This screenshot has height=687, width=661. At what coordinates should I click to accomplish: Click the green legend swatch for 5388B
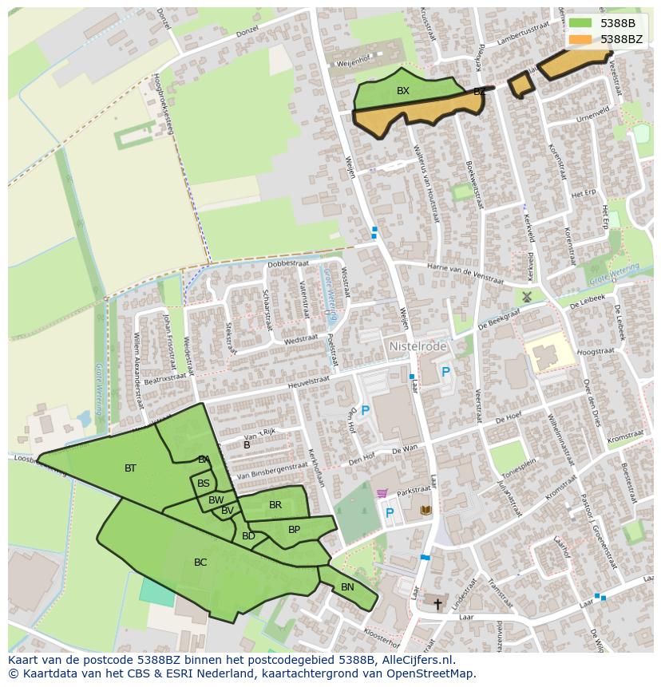580,22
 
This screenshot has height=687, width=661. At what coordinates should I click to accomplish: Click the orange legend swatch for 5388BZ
580,38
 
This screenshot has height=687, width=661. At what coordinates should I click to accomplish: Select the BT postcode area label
130,468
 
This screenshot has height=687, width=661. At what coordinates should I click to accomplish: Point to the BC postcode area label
200,563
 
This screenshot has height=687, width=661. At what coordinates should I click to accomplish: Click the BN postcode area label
347,587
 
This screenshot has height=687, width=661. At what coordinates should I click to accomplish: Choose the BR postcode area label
275,505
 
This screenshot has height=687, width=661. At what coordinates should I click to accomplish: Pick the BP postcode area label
294,529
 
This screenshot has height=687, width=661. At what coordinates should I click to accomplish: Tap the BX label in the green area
403,91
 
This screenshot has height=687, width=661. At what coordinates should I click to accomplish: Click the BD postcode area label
248,536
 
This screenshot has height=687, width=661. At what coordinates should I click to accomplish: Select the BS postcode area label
204,484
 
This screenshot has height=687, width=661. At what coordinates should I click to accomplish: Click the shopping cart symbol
382,494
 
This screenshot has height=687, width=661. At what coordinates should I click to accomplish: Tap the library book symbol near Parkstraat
425,509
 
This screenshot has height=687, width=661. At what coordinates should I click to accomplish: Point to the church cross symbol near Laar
437,604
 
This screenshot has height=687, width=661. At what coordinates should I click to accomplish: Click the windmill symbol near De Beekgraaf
527,296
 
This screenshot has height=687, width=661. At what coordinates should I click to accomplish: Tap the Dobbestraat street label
288,263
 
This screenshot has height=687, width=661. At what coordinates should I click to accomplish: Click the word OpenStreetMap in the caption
432,673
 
